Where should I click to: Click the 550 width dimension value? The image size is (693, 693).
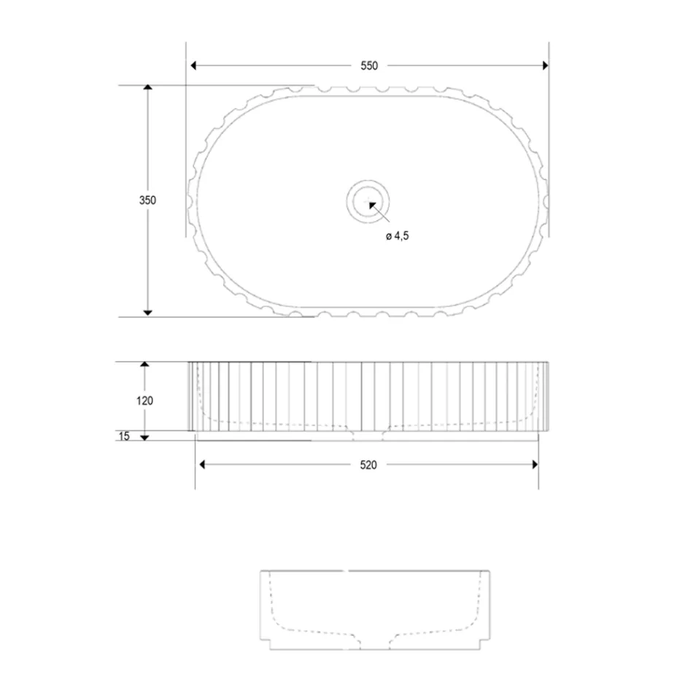[x=368, y=66]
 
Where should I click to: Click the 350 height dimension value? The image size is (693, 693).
[x=148, y=201]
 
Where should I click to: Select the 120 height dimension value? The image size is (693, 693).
[x=144, y=400]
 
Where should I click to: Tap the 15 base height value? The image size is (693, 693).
[x=123, y=436]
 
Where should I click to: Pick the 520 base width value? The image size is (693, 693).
[x=368, y=465]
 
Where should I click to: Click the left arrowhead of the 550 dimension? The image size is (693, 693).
[x=193, y=66]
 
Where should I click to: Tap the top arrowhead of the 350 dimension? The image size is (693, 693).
[x=148, y=88]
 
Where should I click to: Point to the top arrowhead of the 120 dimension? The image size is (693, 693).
[x=144, y=364]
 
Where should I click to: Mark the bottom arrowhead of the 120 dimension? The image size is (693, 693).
[x=144, y=436]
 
